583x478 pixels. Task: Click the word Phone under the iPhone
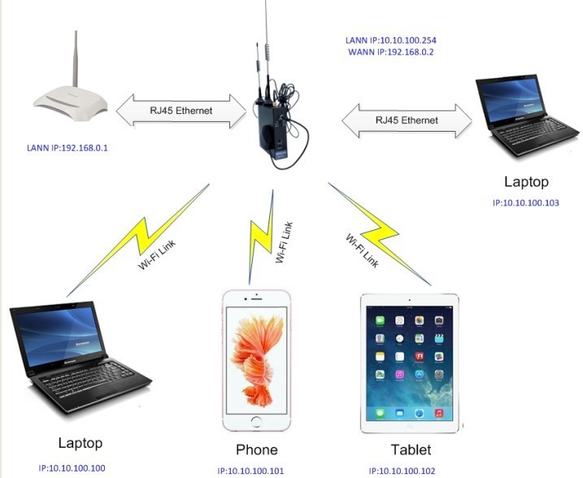click(256, 450)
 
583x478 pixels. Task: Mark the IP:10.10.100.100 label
click(72, 468)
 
